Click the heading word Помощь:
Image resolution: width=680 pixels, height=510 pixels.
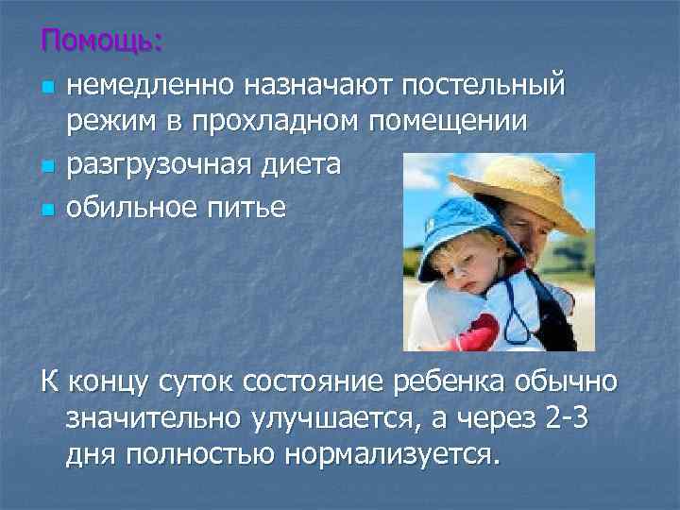pyautogui.click(x=102, y=42)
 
